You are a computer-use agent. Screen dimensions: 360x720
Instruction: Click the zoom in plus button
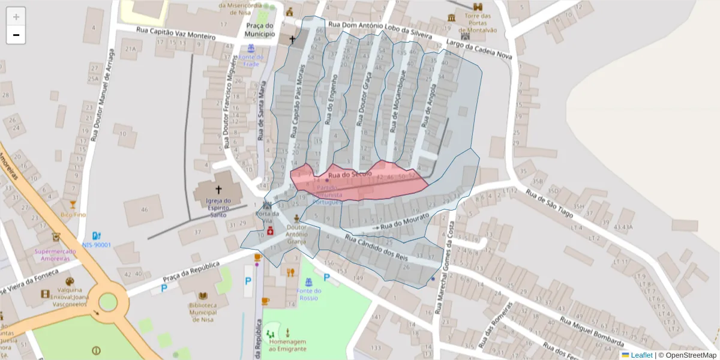[x=16, y=17]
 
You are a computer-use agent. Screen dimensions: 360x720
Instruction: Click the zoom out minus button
[x=16, y=35]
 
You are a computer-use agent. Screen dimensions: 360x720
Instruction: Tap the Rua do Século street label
[x=350, y=174]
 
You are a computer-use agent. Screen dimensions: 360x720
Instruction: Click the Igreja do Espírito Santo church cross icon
[x=218, y=189]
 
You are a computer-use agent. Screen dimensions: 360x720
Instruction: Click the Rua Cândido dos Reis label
[x=377, y=248]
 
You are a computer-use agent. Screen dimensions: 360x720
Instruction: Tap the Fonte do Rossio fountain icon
[x=308, y=281]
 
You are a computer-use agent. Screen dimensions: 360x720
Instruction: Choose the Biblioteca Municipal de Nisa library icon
[x=203, y=296]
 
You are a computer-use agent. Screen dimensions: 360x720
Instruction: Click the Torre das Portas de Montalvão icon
[x=466, y=37]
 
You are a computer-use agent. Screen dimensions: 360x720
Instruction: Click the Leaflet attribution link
[x=641, y=355]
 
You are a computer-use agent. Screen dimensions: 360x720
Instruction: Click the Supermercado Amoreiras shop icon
[x=56, y=237]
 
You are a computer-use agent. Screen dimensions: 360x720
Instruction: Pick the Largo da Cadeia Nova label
[x=479, y=50]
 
